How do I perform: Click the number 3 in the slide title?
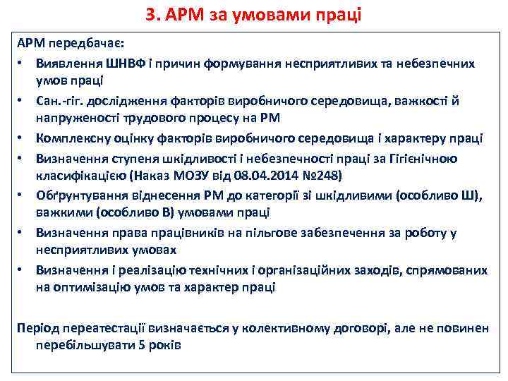149,13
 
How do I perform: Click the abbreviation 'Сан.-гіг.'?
61,101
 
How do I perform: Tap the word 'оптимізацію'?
89,287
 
